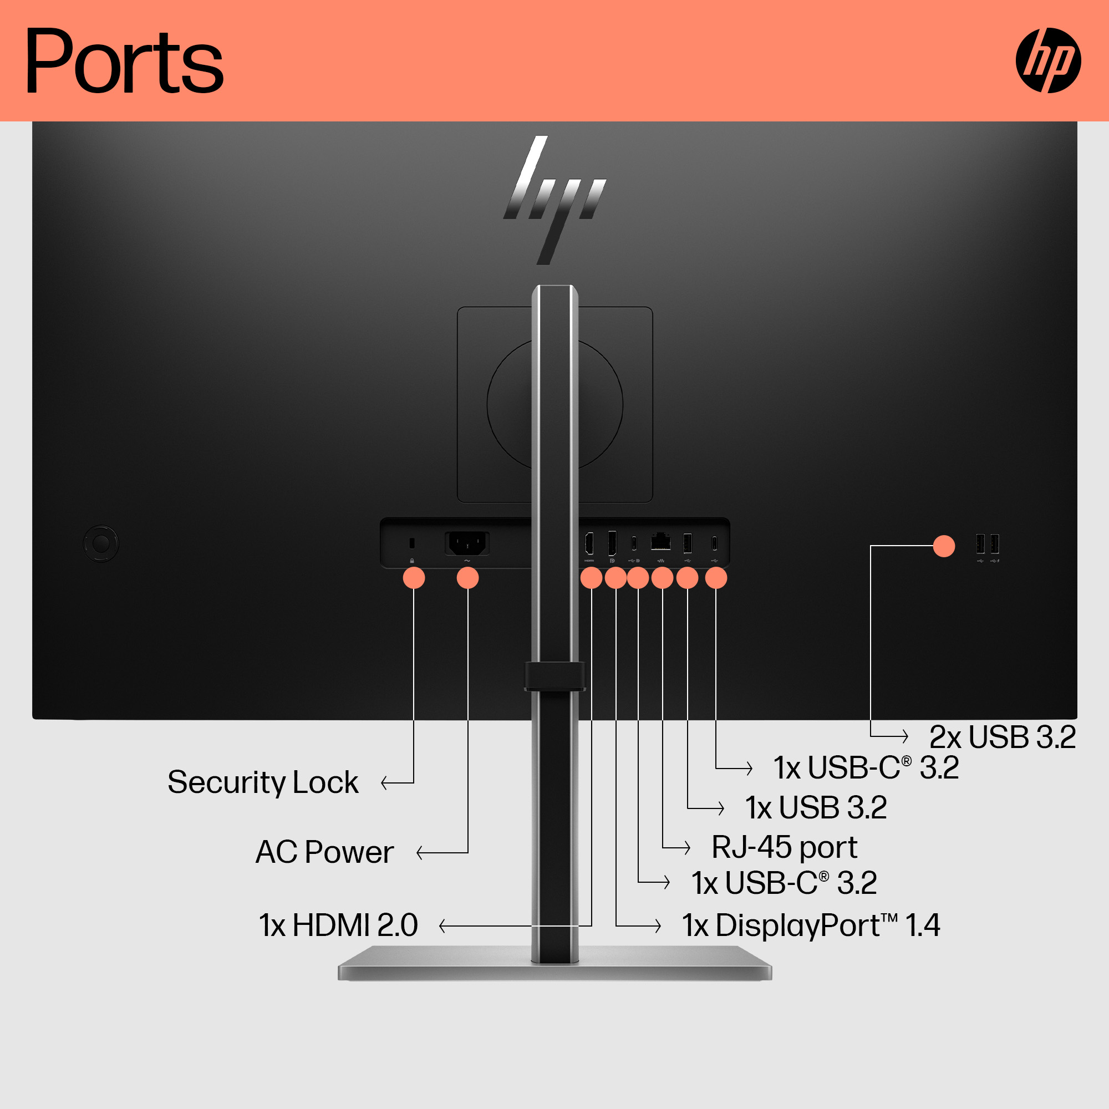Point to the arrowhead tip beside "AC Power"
[418, 852]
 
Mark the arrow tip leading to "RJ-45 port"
[689, 847]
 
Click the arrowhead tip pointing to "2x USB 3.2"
[908, 735]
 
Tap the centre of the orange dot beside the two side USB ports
[944, 546]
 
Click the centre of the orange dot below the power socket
[467, 577]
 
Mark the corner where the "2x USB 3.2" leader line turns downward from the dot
[871, 546]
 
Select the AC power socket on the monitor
[467, 543]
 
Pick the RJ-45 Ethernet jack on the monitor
[661, 541]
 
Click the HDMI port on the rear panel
[589, 543]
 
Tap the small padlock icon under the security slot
[412, 561]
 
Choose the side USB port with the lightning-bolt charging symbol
[995, 544]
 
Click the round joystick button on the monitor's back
[101, 543]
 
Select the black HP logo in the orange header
[1048, 60]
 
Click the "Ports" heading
[125, 61]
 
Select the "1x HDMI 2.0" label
[339, 925]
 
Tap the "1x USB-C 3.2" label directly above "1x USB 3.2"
[866, 767]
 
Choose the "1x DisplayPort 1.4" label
[811, 925]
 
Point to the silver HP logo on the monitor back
[554, 200]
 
